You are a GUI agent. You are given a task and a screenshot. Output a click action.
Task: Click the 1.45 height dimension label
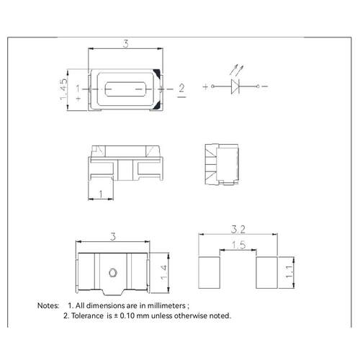point(63,89)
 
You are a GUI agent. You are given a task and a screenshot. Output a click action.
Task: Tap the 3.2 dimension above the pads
point(238,230)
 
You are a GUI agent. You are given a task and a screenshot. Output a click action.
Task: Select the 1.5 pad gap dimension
point(238,245)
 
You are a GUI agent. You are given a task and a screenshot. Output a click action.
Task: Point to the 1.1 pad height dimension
point(289,272)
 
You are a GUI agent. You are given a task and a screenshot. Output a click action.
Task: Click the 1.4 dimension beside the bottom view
point(164,272)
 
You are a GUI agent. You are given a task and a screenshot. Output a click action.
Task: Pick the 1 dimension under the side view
point(101,194)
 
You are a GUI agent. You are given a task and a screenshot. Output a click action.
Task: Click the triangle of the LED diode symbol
point(235,86)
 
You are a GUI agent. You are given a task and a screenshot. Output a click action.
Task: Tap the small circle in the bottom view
point(112,273)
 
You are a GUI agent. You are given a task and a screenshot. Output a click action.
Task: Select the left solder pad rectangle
point(210,272)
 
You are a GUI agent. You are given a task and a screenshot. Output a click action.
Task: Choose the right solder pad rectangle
point(266,272)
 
